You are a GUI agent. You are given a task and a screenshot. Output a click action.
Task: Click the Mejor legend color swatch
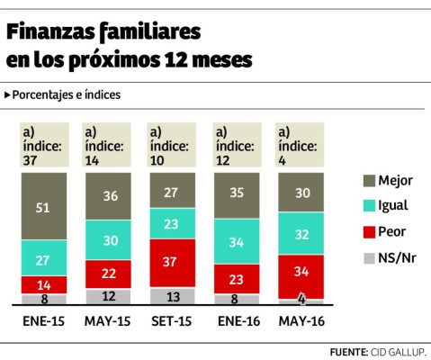click(x=371, y=180)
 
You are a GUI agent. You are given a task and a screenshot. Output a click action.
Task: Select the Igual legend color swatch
click(x=371, y=204)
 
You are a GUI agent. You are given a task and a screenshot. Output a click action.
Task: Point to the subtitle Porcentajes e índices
click(x=67, y=94)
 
